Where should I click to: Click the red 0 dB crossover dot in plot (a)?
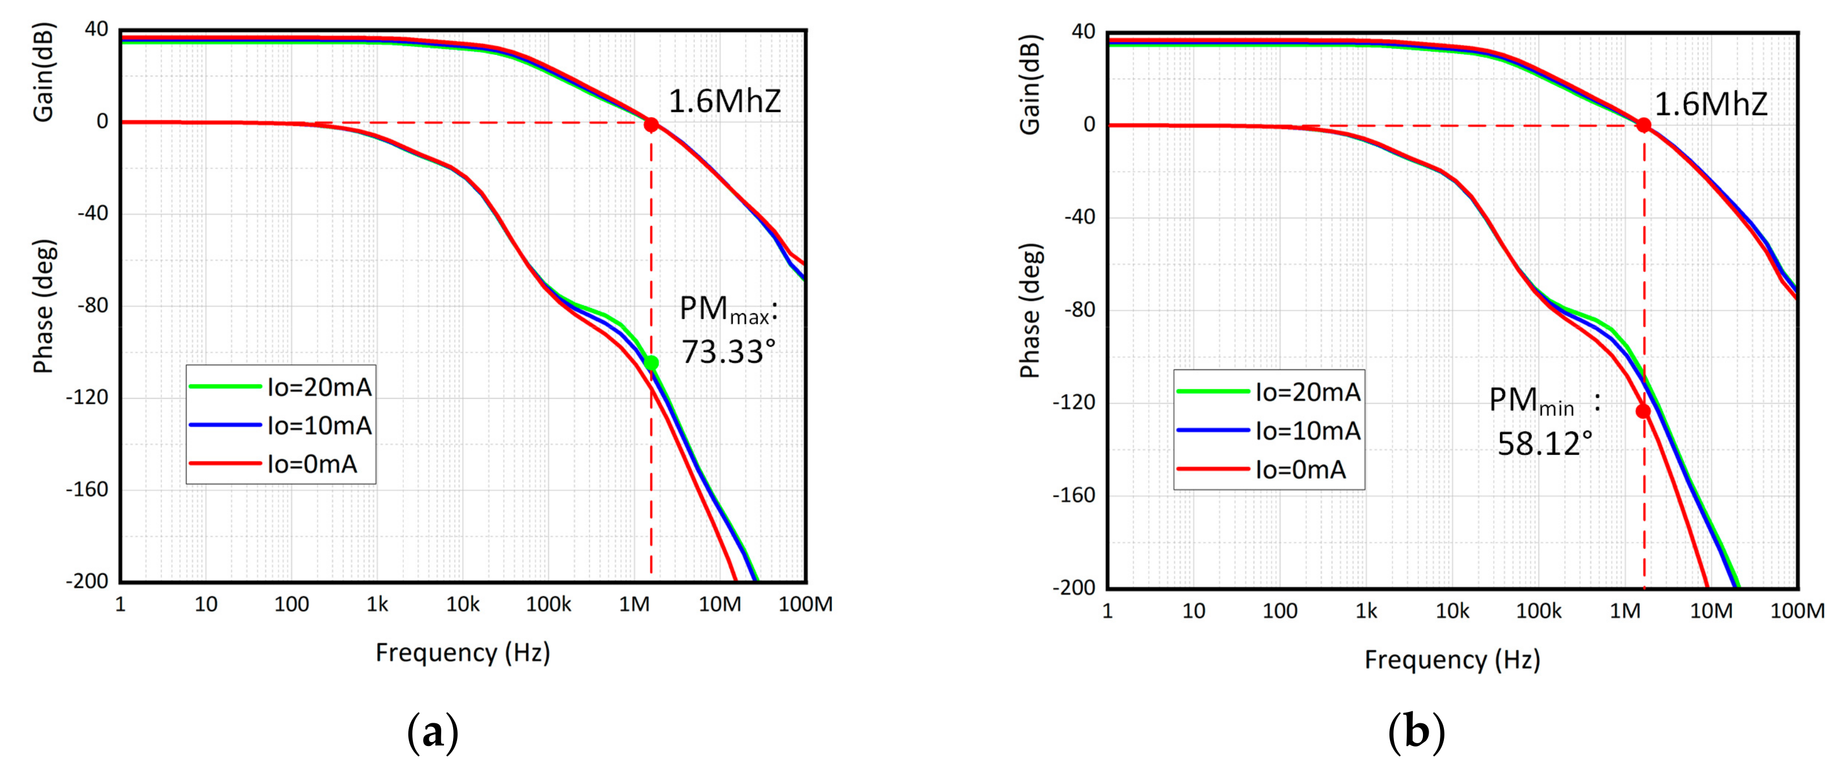(650, 124)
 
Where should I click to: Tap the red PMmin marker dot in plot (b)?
(1643, 411)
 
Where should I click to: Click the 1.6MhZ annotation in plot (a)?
(724, 102)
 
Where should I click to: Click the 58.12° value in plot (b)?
(1544, 444)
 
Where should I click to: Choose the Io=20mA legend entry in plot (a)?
(319, 387)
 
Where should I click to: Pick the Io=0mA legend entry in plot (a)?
(312, 465)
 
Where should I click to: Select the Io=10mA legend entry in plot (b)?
(1307, 431)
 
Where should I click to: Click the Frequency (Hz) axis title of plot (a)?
(463, 652)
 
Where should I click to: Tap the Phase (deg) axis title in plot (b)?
(1030, 311)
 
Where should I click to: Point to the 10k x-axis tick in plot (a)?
(463, 605)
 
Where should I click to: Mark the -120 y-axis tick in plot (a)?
(87, 398)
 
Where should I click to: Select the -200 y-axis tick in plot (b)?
(1074, 588)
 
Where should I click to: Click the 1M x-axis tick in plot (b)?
(1625, 611)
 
